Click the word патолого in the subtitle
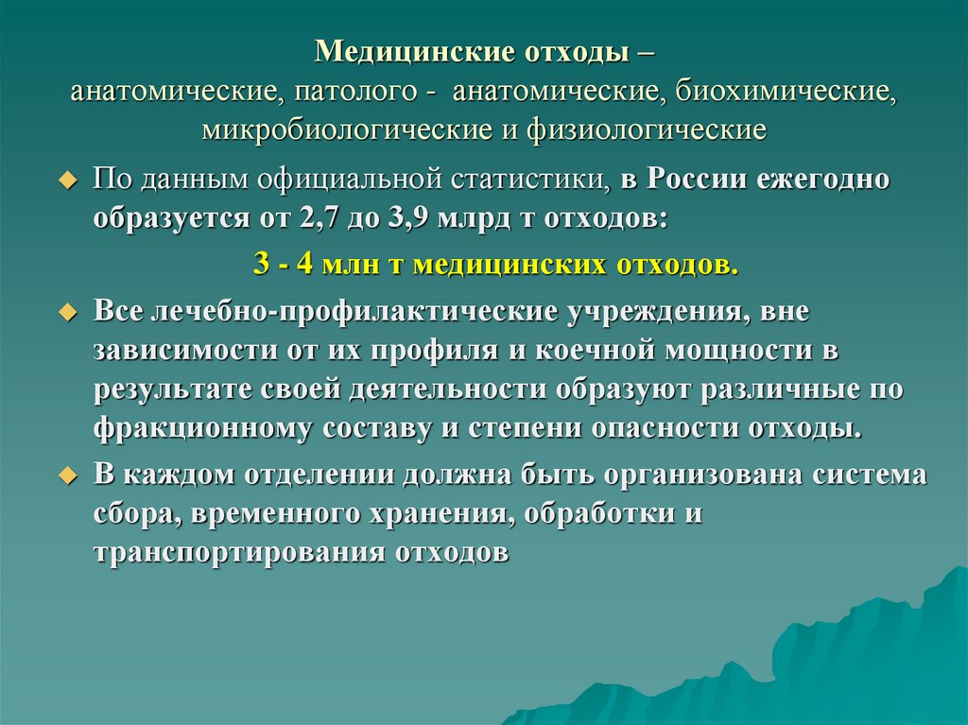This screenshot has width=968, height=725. pyautogui.click(x=354, y=92)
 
